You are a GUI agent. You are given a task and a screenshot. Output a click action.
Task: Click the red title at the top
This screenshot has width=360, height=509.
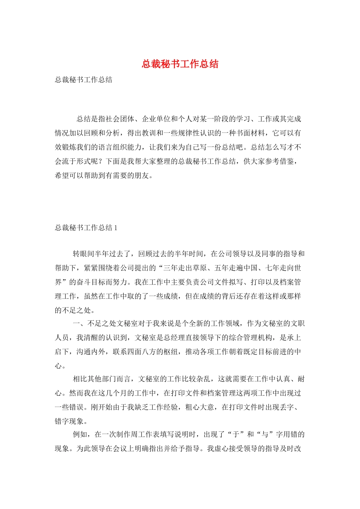(x=180, y=64)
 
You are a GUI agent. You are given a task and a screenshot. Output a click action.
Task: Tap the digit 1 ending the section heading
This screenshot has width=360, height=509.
(x=116, y=228)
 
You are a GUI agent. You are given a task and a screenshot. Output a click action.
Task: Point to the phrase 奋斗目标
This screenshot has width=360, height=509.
(x=94, y=282)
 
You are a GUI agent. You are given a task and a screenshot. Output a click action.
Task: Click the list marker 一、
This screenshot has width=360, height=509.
(x=80, y=323)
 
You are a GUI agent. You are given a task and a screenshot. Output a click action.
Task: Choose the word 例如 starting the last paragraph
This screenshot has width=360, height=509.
(x=80, y=434)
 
